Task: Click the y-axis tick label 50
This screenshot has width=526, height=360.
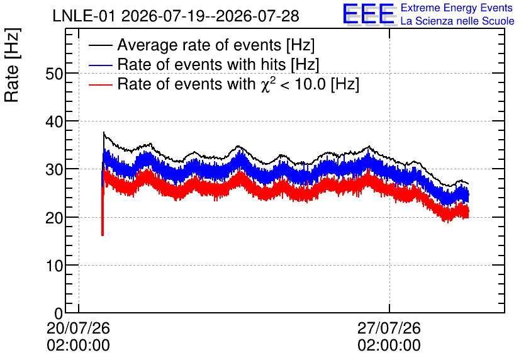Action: click(54, 74)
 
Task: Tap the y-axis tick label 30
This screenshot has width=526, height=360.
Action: click(54, 170)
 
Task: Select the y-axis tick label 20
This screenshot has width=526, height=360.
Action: click(54, 218)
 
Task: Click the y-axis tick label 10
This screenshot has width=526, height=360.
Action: click(54, 266)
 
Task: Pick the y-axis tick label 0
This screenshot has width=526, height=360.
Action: click(59, 313)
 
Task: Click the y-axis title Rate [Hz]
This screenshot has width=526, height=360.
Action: click(12, 65)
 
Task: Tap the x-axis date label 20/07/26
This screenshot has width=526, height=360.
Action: click(78, 328)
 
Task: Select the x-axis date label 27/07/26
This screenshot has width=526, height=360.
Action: click(389, 328)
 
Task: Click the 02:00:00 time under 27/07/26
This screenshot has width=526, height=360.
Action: click(389, 346)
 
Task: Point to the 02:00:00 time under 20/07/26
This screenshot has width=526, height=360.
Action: click(78, 346)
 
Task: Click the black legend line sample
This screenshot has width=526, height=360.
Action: click(101, 45)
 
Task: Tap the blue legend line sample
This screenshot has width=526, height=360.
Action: click(101, 65)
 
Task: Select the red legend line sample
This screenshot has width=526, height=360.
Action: click(101, 84)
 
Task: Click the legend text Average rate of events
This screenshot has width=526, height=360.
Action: click(199, 45)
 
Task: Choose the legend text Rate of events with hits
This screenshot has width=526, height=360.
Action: click(201, 64)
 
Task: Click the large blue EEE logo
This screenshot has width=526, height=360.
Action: click(369, 14)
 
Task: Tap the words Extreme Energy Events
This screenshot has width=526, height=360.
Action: click(457, 8)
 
